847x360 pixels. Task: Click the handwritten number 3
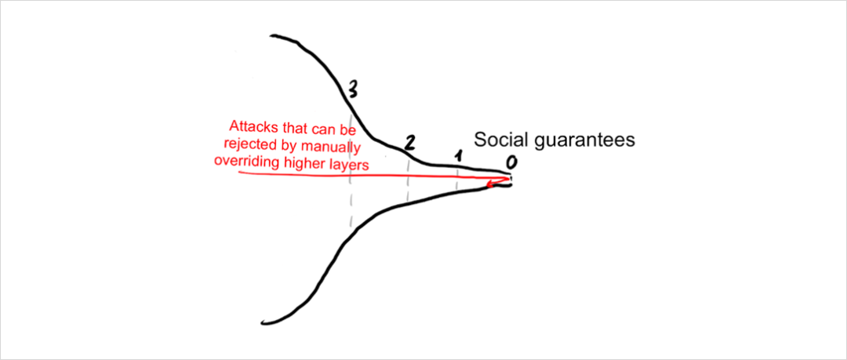tap(352, 90)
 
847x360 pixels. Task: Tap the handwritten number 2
tap(409, 142)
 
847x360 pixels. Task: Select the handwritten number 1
tap(457, 158)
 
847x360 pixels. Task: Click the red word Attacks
tap(253, 128)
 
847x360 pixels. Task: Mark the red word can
tap(320, 129)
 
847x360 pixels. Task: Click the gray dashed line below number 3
tap(351, 168)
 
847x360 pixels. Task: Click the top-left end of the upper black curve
tap(271, 36)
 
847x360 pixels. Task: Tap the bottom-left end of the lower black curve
tap(262, 322)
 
